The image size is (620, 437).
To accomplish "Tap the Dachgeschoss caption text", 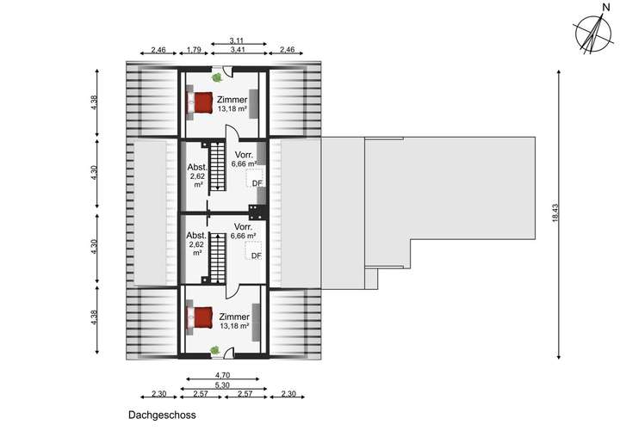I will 163,415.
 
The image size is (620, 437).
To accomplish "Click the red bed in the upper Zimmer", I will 202,103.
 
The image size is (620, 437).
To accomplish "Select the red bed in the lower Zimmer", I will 202,317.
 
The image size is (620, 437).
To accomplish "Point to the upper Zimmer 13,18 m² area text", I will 232,110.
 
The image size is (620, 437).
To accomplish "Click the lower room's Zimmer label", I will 233,317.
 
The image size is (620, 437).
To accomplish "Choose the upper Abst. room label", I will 195,168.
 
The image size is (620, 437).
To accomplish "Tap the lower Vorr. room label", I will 245,226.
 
